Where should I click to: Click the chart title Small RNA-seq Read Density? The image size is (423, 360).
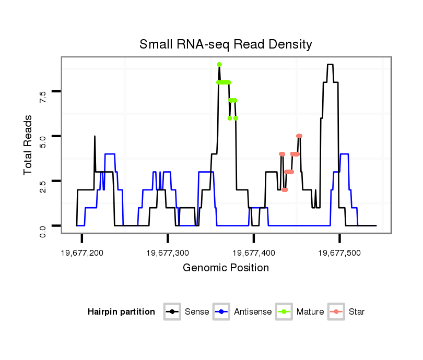click(226, 44)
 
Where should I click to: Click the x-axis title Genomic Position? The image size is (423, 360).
click(226, 268)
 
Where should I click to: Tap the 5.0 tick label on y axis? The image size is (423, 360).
click(43, 136)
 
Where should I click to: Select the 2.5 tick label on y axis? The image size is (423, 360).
click(43, 181)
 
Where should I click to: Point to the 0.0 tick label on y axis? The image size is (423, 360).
click(43, 226)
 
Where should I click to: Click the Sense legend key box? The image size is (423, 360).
click(172, 312)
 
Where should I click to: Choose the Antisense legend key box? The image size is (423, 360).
click(221, 312)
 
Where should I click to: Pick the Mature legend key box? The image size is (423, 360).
click(284, 312)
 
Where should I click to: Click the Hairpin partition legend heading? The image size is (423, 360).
click(121, 312)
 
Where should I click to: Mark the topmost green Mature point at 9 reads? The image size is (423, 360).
click(219, 64)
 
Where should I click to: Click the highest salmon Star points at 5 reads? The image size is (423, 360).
click(299, 136)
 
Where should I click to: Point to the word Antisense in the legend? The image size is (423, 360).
click(253, 312)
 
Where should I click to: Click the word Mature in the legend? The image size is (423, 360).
click(310, 312)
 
